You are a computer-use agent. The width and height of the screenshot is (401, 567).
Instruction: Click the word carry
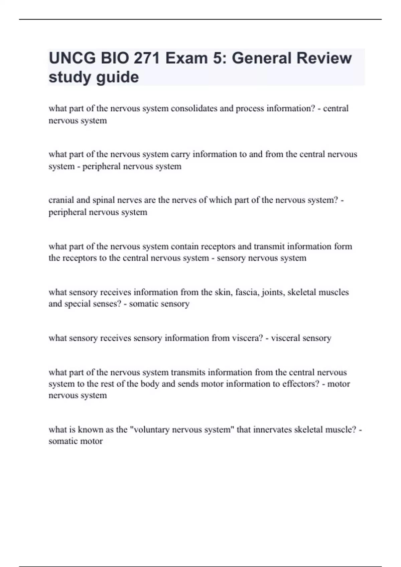[180, 154]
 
